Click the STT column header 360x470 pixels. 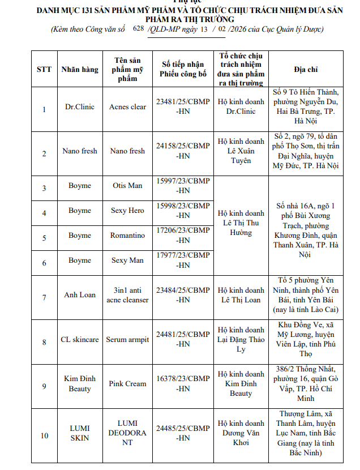pyautogui.click(x=44, y=69)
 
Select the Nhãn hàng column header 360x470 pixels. pyautogui.click(x=80, y=69)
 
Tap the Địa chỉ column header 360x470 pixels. pyautogui.click(x=306, y=69)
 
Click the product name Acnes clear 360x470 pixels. pyautogui.click(x=127, y=106)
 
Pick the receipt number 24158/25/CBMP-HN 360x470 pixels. pyautogui.click(x=183, y=151)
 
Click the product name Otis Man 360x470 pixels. pyautogui.click(x=127, y=186)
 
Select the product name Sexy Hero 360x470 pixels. pyautogui.click(x=127, y=211)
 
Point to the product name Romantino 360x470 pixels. pyautogui.click(x=127, y=236)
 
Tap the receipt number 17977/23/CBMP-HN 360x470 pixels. pyautogui.click(x=183, y=260)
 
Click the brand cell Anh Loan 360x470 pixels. pyautogui.click(x=80, y=295)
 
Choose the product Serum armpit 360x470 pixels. pyautogui.click(x=127, y=340)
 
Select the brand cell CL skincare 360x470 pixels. pyautogui.click(x=80, y=340)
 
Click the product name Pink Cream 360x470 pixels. pyautogui.click(x=127, y=383)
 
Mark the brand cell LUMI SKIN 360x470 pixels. pyautogui.click(x=80, y=433)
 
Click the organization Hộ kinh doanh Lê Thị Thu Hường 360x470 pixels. pyautogui.click(x=241, y=223)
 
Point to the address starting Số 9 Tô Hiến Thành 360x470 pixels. pyautogui.click(x=306, y=106)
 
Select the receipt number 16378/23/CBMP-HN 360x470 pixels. pyautogui.click(x=183, y=383)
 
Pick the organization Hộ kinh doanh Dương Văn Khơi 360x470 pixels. pyautogui.click(x=241, y=433)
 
